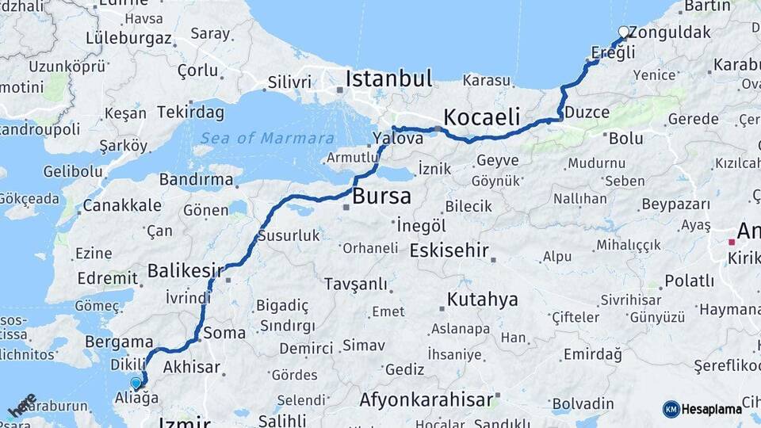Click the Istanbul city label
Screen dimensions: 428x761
388,78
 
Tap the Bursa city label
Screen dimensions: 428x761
382,197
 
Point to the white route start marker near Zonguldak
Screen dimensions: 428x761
623,32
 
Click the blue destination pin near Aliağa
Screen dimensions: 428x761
136,384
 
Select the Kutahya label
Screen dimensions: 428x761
482,299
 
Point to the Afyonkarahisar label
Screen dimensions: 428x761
426,399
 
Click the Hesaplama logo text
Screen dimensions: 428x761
711,409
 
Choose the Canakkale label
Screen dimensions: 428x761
122,205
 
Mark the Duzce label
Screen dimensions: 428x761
587,113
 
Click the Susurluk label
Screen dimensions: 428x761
289,235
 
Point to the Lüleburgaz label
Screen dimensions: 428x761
128,37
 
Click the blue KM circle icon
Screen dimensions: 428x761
671,409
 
